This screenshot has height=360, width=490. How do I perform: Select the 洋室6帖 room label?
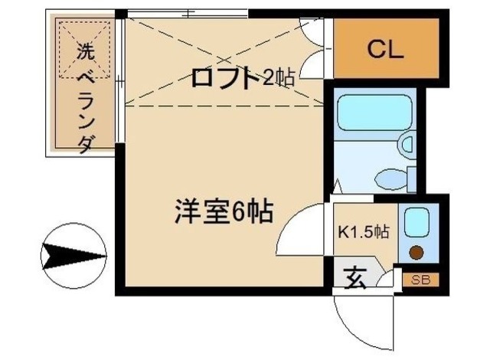coord(221,211)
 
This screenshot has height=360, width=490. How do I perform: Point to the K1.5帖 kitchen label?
coord(364,231)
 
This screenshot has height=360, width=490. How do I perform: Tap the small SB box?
coord(420,280)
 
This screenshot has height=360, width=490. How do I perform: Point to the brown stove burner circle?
coord(416,253)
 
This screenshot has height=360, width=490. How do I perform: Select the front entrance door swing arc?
coord(360,322)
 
